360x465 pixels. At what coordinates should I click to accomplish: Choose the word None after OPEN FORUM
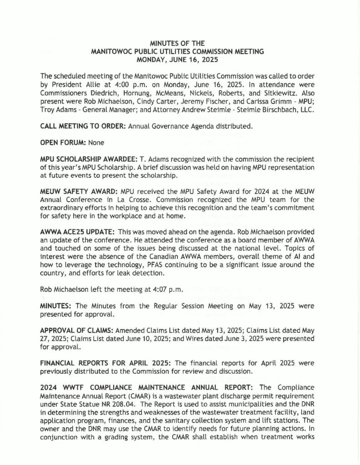point(96,142)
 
